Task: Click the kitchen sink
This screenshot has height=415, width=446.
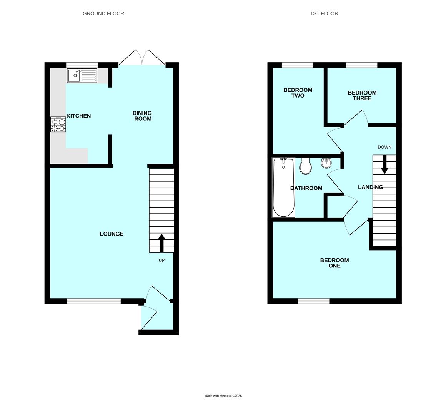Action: (x=82, y=76)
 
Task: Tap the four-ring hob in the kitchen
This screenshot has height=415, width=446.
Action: (x=58, y=124)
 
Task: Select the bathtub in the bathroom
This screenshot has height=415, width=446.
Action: (x=283, y=188)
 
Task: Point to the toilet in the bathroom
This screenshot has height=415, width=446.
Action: (x=305, y=166)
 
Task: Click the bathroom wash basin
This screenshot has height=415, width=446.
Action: (x=326, y=163)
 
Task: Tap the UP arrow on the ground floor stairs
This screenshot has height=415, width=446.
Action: (x=161, y=243)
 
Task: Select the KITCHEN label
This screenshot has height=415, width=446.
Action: (x=79, y=116)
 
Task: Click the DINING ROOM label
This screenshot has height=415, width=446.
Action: (x=142, y=116)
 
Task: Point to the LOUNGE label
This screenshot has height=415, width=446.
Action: (x=111, y=234)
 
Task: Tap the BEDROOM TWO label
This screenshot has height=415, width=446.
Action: (x=298, y=93)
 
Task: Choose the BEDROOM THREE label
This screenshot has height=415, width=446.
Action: (x=362, y=95)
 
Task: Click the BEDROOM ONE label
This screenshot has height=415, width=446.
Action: (x=334, y=263)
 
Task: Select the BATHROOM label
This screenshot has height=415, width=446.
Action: (x=306, y=188)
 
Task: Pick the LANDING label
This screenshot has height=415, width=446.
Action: (x=370, y=187)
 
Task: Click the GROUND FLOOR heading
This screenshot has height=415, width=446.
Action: (x=103, y=13)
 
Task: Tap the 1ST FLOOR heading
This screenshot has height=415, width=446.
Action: (x=324, y=13)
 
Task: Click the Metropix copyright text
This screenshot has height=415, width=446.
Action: (x=223, y=396)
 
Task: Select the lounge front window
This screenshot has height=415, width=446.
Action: (x=94, y=301)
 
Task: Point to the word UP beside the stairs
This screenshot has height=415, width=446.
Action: (x=161, y=260)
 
